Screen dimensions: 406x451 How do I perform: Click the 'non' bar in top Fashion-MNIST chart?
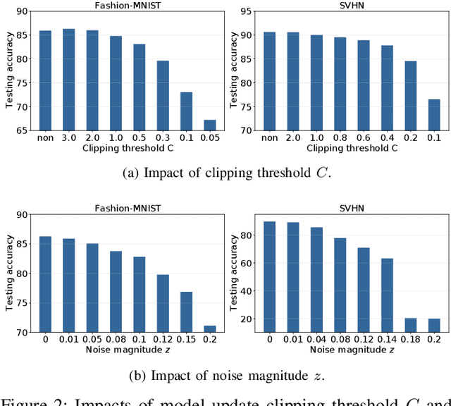[x=45, y=80]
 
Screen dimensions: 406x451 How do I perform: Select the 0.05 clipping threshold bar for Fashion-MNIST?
[x=210, y=125]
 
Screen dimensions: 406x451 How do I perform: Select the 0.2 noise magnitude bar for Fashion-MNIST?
[x=210, y=329]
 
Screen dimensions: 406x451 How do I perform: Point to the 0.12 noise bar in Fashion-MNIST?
[x=163, y=304]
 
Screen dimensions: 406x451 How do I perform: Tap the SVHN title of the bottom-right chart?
[x=351, y=207]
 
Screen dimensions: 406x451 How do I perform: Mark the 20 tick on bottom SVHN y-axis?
[x=248, y=319]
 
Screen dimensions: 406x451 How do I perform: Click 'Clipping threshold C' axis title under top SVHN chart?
[x=351, y=149]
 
